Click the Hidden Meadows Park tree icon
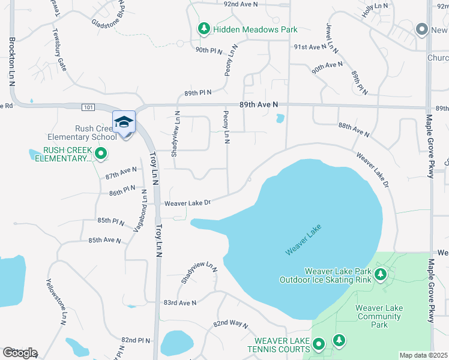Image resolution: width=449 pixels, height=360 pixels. tap(204, 29)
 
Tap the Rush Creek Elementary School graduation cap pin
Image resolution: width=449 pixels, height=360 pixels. tap(124, 122)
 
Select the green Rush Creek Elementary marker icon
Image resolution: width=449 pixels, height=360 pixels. tap(101, 154)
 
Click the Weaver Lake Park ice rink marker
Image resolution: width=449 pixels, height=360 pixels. tap(379, 275)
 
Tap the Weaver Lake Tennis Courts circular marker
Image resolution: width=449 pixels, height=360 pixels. tap(319, 344)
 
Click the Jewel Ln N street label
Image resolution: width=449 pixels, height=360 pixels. tap(329, 37)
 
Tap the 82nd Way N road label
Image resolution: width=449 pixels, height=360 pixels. tap(231, 324)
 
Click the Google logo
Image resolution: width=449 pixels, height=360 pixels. tap(20, 353)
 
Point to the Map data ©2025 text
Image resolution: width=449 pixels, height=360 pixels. tap(423, 355)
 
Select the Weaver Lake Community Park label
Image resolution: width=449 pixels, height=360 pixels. tap(379, 316)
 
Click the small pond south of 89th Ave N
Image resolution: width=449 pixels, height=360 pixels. tap(280, 118)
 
